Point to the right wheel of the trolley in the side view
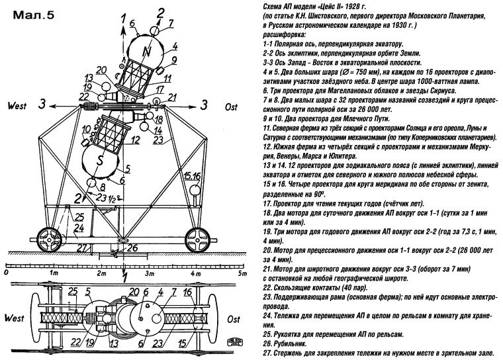(x=199, y=238)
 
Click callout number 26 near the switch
(x=131, y=249)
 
